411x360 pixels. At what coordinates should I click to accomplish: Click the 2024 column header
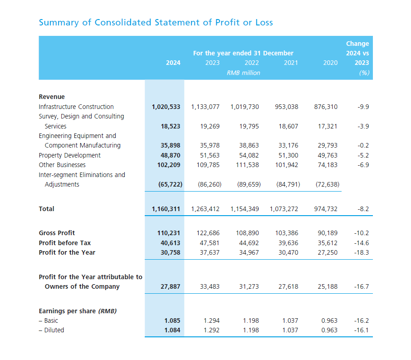click(173, 63)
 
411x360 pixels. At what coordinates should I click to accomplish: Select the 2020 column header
click(330, 63)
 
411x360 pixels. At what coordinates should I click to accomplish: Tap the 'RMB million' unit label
click(243, 73)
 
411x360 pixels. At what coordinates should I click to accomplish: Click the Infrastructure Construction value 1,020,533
click(166, 107)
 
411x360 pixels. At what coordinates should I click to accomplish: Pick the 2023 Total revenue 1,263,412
click(205, 209)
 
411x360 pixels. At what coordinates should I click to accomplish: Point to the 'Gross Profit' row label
click(57, 233)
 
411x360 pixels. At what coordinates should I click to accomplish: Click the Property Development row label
click(70, 155)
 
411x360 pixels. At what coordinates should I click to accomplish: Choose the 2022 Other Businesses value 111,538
click(245, 165)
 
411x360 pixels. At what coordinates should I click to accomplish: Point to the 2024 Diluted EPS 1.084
click(172, 330)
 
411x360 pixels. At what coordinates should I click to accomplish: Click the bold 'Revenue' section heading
click(52, 97)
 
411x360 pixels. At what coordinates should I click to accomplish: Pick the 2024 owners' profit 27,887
click(171, 286)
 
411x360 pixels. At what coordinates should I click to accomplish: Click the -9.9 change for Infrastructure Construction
click(363, 107)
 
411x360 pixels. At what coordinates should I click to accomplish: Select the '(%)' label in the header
click(364, 73)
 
